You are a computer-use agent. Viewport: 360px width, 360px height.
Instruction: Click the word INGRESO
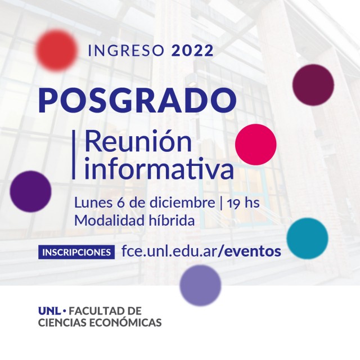[x=125, y=51]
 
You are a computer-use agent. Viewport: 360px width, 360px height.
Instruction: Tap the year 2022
[x=192, y=51]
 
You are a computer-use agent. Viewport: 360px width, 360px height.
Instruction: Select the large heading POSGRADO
[x=137, y=101]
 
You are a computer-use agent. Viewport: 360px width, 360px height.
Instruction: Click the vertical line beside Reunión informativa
[x=74, y=154]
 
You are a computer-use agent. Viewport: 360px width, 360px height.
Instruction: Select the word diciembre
[x=182, y=202]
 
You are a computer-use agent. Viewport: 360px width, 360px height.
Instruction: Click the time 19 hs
[x=243, y=203]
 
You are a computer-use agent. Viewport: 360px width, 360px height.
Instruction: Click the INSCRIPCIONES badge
[x=76, y=252]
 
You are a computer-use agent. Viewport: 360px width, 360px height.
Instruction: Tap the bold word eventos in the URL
[x=253, y=251]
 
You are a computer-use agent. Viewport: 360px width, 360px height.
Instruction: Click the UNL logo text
[x=49, y=311]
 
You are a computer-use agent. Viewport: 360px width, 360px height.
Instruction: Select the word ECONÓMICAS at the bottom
[x=125, y=322]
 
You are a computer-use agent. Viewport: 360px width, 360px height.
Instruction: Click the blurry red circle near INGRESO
[x=56, y=49]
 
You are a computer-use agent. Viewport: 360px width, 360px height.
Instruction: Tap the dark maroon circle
[x=313, y=85]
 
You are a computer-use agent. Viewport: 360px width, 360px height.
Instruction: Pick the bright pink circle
[x=256, y=145]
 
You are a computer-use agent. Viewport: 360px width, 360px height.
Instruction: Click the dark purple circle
[x=30, y=191]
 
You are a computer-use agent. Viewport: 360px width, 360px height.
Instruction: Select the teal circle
[x=307, y=238]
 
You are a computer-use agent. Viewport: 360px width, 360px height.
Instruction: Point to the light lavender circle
[x=200, y=285]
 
